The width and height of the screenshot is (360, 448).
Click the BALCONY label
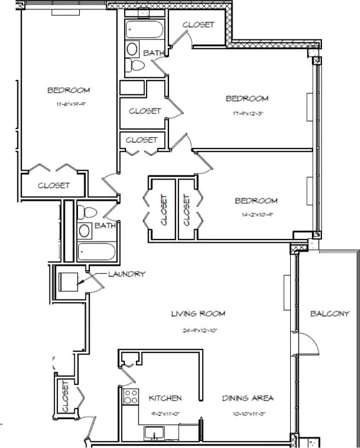[329, 313]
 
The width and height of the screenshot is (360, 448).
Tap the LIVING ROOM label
[198, 313]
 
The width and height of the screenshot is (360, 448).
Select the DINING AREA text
[248, 397]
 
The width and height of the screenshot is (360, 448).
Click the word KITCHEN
[165, 397]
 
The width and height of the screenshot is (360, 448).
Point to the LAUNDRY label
[127, 273]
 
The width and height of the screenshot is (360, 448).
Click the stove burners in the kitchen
[131, 396]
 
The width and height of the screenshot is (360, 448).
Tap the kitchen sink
[153, 432]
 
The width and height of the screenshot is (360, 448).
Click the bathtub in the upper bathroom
[144, 29]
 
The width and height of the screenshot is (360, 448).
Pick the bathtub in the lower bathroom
[97, 252]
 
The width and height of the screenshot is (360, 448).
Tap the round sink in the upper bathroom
[133, 49]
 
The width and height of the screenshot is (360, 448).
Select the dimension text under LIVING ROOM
[198, 330]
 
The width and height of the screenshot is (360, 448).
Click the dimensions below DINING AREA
[248, 414]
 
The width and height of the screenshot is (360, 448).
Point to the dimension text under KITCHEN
[165, 414]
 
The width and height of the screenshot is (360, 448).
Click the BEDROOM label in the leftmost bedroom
[69, 90]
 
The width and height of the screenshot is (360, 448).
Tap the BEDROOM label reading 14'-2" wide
[256, 200]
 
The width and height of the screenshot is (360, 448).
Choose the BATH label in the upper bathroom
[154, 53]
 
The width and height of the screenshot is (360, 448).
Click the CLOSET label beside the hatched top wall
[198, 25]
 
